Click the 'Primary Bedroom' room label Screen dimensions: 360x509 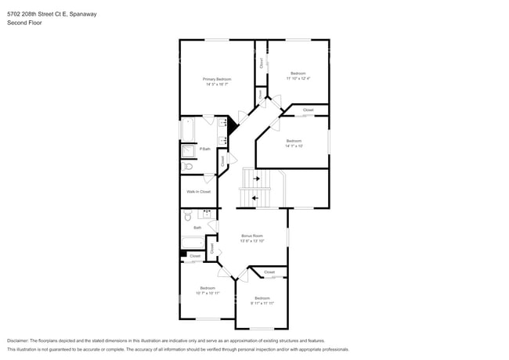click(217, 79)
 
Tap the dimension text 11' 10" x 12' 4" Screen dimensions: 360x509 click(298, 78)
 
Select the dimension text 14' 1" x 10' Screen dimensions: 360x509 click(294, 146)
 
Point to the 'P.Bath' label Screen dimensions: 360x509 click(204, 149)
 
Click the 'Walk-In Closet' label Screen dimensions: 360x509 click(198, 191)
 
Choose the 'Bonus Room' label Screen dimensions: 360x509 click(252, 236)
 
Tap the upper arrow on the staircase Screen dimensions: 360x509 click(256, 178)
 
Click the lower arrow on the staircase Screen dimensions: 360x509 click(255, 197)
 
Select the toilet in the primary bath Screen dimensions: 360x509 click(188, 166)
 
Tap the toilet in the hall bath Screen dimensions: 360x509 click(188, 216)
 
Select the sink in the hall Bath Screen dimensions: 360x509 click(208, 214)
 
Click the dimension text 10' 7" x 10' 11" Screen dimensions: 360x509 click(208, 293)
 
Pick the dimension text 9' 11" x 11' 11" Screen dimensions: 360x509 click(262, 303)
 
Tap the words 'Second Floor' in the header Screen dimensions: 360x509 click(24, 23)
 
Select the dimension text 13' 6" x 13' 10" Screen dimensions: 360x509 click(252, 241)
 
